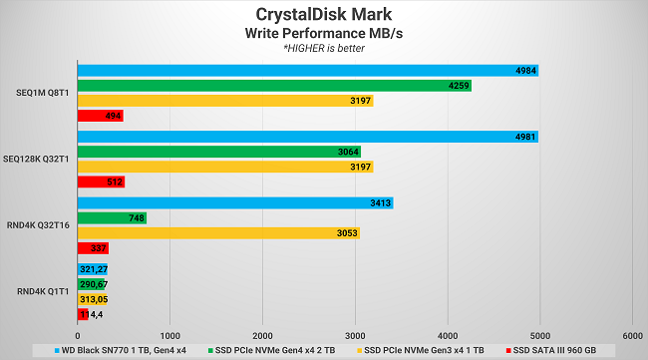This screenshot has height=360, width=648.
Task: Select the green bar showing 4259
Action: (x=274, y=86)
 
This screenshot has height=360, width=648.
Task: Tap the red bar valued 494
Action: (x=100, y=116)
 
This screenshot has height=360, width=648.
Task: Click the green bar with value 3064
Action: (x=218, y=152)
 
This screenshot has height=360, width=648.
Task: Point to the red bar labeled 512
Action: (x=101, y=181)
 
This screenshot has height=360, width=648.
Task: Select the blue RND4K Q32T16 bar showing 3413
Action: (x=234, y=202)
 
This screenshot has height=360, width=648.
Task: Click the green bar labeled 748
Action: (x=112, y=217)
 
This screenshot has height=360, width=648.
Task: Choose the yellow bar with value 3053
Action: (x=218, y=232)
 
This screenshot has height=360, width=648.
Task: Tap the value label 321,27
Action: (x=95, y=269)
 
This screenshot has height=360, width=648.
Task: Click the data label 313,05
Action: (x=94, y=299)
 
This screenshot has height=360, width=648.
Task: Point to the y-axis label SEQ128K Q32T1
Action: (x=37, y=160)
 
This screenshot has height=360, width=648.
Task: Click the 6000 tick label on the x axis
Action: (x=631, y=335)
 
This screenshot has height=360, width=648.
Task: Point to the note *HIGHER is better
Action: (x=323, y=48)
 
